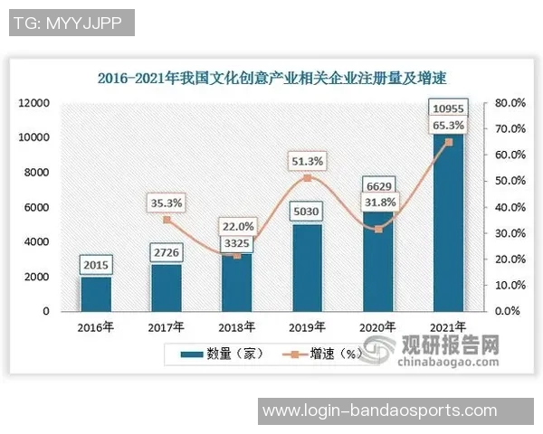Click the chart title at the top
tap(272, 79)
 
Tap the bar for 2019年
tap(308, 268)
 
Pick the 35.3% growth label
tap(167, 203)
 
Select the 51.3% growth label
tap(308, 161)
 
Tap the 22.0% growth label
tap(237, 226)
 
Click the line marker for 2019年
tap(308, 178)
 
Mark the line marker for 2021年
tap(449, 142)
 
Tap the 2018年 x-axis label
tap(237, 325)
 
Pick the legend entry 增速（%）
tap(321, 353)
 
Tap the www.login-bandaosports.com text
tap(379, 411)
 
